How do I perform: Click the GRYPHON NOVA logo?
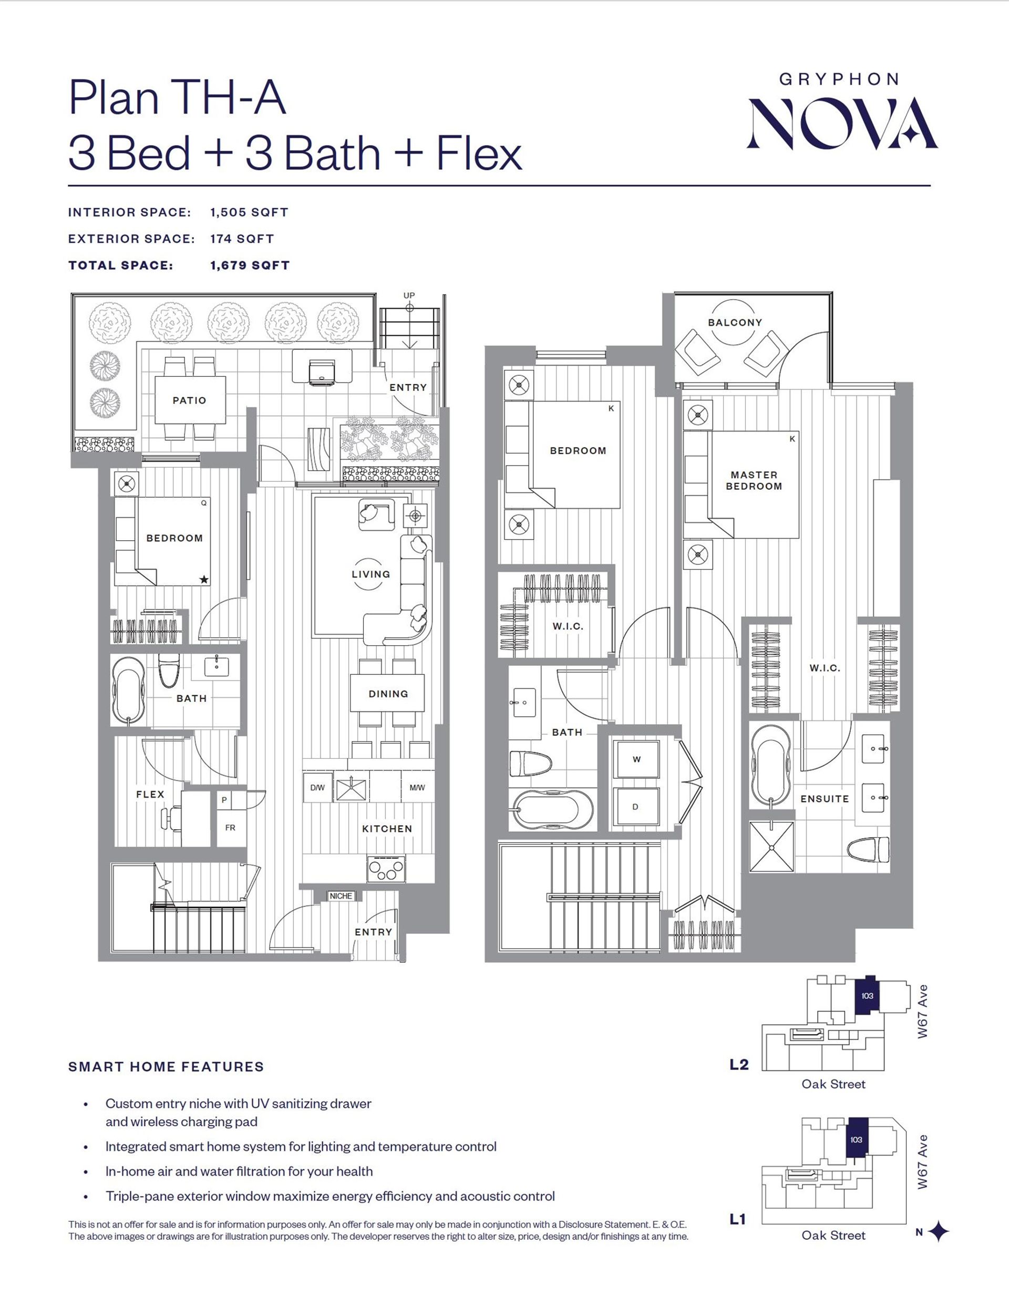841,111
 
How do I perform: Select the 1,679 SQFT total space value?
250,265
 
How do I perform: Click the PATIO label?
189,400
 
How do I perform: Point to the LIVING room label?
370,574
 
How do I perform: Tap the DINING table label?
388,694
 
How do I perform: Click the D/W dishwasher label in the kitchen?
317,788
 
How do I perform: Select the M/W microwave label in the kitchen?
417,788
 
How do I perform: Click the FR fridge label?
230,828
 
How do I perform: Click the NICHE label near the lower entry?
341,896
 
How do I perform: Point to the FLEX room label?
150,794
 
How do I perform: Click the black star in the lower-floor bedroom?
203,579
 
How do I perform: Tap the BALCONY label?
735,322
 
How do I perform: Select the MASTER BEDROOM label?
754,480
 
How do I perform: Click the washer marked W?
636,759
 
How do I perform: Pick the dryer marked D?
636,807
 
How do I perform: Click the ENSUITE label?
825,799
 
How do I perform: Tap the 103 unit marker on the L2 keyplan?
867,996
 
